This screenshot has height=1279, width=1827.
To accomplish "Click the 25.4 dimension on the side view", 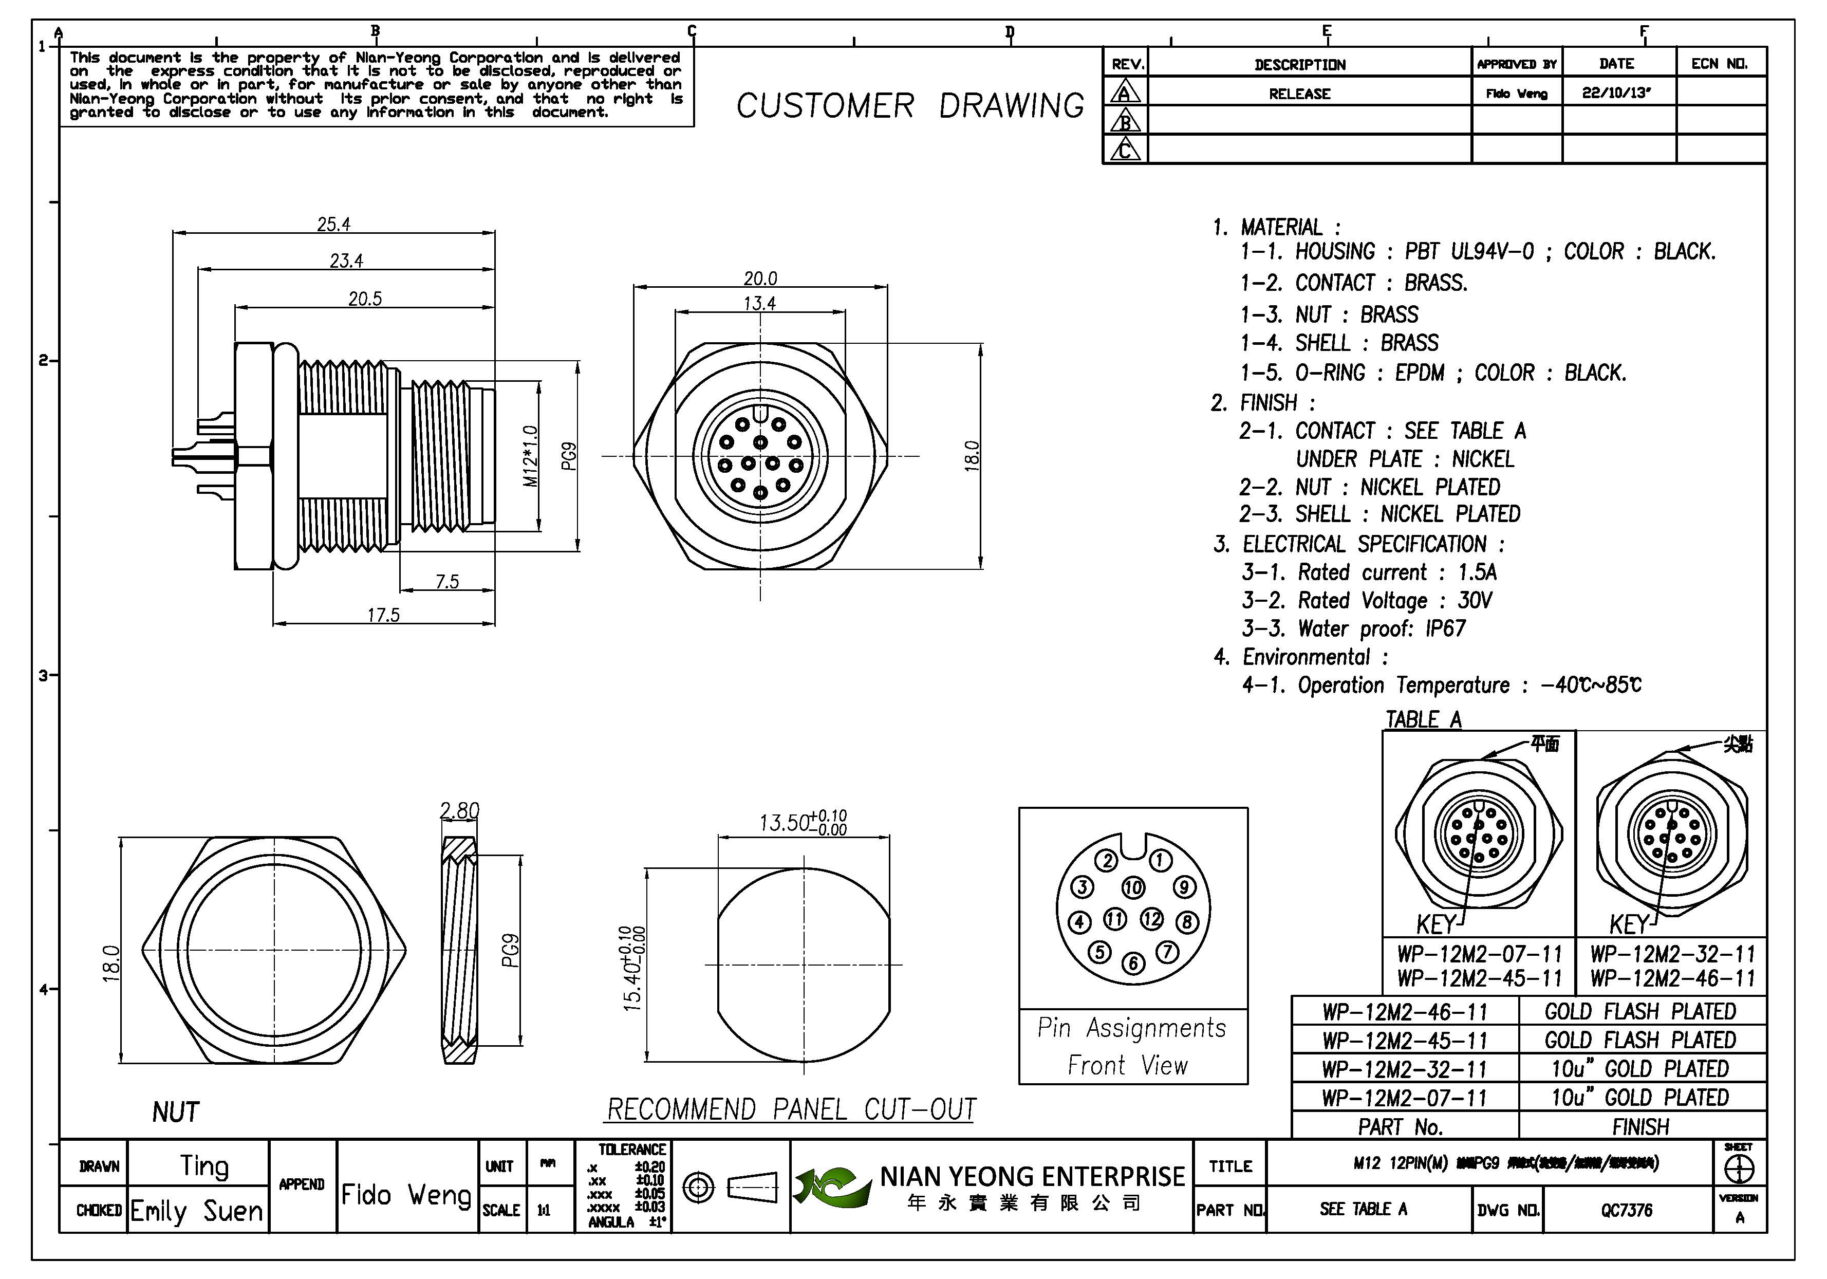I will click(333, 225).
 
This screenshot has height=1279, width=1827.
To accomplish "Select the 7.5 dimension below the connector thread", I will click(447, 582).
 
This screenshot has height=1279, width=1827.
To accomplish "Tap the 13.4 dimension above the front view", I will click(760, 303).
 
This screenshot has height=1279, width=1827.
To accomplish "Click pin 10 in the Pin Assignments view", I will click(1133, 887).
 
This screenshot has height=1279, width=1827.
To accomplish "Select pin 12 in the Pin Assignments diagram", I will click(1151, 919).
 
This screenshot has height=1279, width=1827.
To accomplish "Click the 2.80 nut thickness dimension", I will click(460, 810).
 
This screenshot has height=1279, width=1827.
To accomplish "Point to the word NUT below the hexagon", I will click(176, 1112).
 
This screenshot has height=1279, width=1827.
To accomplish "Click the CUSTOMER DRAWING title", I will click(909, 106).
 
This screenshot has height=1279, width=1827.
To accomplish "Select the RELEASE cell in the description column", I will click(1299, 94).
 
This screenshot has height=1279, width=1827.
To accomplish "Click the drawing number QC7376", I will click(1627, 1210).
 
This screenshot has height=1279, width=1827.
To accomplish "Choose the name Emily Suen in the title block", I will click(197, 1211).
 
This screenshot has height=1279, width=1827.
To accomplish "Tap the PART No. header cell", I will click(1401, 1127).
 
